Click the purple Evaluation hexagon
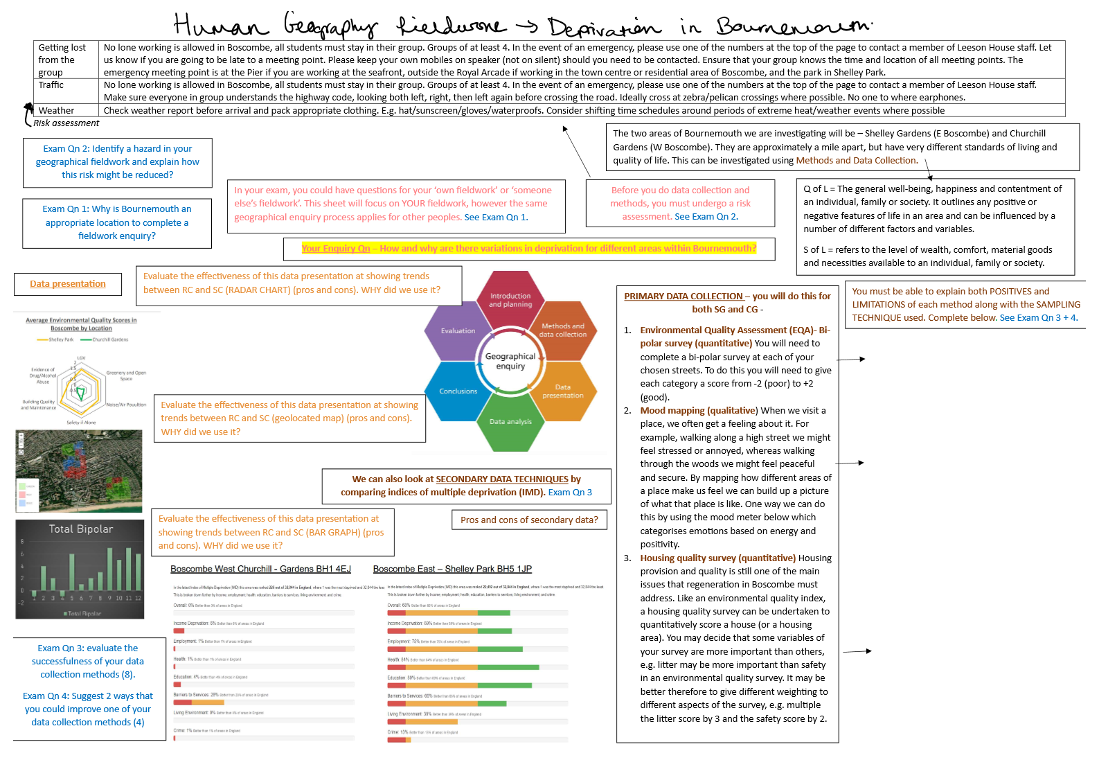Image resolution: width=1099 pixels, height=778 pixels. pos(458,331)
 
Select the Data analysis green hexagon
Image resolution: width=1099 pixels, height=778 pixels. pos(510,421)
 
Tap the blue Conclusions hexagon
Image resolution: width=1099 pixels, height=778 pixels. pos(458,391)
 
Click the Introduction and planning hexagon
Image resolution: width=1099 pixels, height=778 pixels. pos(510,300)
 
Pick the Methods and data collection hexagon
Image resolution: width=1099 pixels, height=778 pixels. pos(563,330)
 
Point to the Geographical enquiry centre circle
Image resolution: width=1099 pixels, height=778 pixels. pos(510,361)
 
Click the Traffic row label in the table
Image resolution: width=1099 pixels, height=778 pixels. pos(51,85)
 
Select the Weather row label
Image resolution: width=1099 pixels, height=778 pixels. pos(56,111)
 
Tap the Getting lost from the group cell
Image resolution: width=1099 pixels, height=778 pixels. pos(62,60)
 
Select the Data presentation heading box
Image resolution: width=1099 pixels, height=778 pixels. pos(68,284)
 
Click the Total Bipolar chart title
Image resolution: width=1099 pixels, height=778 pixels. pos(81,529)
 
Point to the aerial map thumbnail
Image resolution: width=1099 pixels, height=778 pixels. pos(79,470)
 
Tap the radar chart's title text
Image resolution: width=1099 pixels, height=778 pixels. pos(81,324)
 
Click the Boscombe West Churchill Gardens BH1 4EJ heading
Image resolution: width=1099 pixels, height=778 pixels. pos(260,569)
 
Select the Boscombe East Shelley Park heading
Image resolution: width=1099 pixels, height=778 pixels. pos(452,569)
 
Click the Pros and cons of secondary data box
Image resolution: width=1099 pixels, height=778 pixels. pos(529,520)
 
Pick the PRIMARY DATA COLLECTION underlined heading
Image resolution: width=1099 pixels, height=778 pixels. pos(683,297)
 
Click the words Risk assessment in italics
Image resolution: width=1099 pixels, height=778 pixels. pos(66,123)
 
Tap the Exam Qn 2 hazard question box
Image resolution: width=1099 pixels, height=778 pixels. pos(118,162)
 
